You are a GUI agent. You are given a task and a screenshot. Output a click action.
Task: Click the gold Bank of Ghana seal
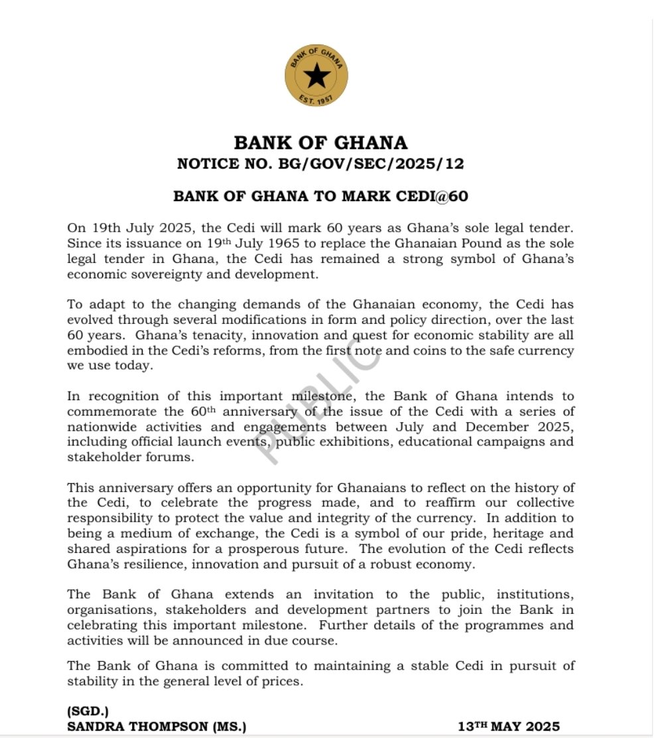point(317,76)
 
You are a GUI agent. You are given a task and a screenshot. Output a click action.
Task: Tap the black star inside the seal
point(317,76)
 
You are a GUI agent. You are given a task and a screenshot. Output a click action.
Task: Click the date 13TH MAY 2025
point(509,727)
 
